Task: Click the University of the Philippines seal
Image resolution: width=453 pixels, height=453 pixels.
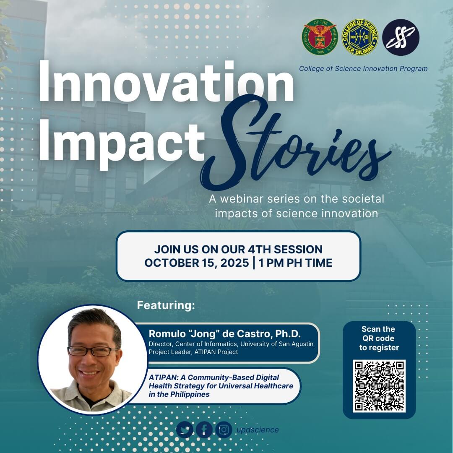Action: [320, 37]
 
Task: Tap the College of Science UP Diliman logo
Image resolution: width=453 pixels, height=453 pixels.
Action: [360, 37]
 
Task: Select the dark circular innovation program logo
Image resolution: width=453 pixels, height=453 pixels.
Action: [401, 37]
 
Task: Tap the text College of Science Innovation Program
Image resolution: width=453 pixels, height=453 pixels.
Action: [363, 68]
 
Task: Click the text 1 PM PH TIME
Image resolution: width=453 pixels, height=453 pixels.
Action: [296, 263]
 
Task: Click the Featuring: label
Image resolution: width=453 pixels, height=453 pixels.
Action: [166, 305]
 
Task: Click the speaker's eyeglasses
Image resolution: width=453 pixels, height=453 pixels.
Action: [93, 351]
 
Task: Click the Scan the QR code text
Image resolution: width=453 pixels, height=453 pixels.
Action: [379, 338]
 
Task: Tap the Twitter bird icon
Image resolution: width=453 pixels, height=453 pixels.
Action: [185, 430]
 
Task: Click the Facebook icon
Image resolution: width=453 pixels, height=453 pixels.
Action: [204, 430]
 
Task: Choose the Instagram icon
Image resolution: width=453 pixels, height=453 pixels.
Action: [224, 430]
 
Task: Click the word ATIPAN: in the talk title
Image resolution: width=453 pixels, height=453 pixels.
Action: [162, 377]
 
